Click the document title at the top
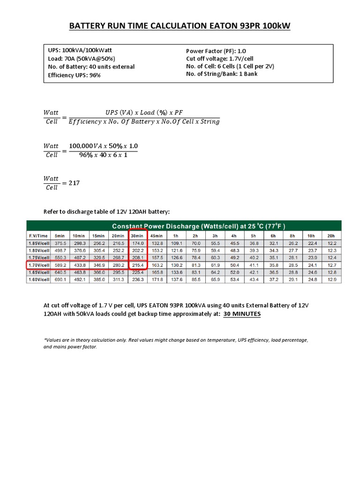180,26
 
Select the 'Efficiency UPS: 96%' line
74,75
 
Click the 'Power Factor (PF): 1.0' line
216,51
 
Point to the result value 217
74,183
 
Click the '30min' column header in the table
137,235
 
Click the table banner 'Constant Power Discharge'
184,225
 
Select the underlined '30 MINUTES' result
242,314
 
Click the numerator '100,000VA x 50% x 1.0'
104,146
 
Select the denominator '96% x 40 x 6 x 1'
104,155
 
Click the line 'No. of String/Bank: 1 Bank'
222,74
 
